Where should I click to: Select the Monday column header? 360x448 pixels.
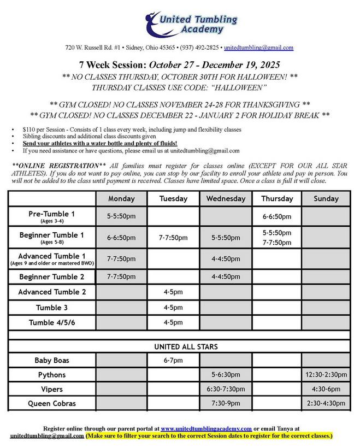121,199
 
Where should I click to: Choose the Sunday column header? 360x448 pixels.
326,199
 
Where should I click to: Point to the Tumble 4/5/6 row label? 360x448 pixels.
52,322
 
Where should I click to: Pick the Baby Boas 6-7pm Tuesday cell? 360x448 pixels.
173,361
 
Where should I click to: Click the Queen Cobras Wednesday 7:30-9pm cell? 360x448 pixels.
226,403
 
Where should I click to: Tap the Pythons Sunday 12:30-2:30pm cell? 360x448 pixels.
326,375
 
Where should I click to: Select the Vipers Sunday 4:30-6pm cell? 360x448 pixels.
326,389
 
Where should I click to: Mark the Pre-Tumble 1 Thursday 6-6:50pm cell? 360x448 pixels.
277,216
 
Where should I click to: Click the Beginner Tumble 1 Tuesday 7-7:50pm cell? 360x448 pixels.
173,238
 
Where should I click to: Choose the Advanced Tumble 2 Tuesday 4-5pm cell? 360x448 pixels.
173,292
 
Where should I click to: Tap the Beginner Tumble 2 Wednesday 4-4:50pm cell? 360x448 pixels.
226,276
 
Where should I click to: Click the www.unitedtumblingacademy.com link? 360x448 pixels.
206,428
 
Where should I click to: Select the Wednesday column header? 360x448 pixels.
226,199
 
